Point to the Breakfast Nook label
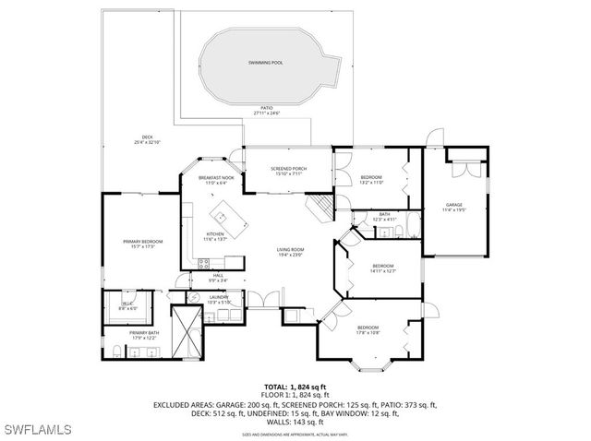211,177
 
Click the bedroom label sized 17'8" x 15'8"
368,328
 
